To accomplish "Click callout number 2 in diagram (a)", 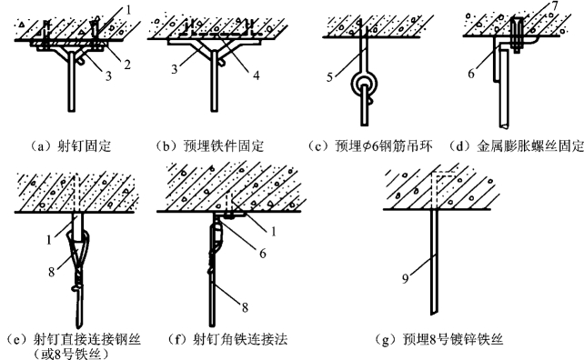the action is pos(127,65).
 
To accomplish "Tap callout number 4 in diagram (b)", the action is pos(256,75).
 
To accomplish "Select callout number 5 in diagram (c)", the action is pos(329,77).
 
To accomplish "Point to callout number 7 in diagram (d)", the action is pos(555,6).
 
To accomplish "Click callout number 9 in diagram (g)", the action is pos(406,278).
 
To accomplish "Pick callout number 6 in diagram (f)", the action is pos(263,254).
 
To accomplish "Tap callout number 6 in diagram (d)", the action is pos(471,74).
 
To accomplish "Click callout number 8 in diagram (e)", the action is pos(52,272).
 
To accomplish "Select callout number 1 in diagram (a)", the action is pos(128,10).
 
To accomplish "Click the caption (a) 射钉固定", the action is pos(70,146).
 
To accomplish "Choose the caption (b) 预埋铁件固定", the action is pos(210,146).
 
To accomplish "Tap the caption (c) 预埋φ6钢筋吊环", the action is pos(370,146).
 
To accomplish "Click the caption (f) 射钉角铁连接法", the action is pos(227,339).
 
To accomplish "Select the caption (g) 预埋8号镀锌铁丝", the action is pos(439,339).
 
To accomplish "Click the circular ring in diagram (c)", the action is pos(364,85).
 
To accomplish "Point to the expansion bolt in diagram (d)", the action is pos(519,35).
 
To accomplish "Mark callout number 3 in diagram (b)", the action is pos(175,69).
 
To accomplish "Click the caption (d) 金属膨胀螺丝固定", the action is pos(516,146).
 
